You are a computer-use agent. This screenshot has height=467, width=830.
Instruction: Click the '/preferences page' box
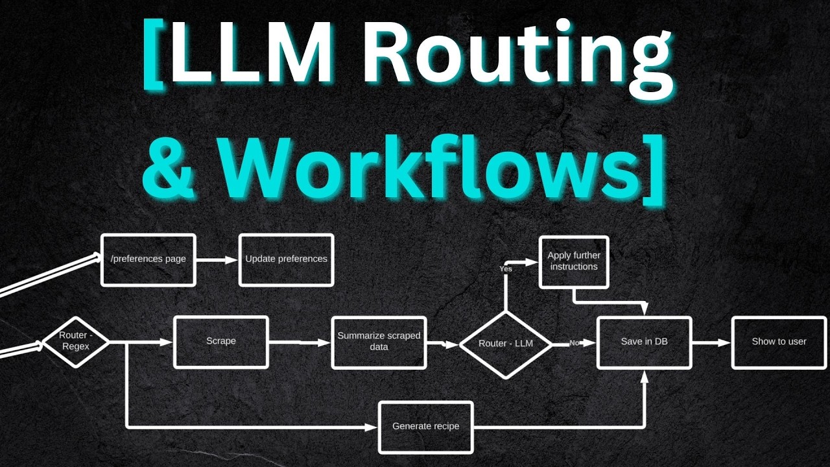[148, 259]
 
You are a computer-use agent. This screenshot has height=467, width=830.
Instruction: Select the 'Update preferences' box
[286, 259]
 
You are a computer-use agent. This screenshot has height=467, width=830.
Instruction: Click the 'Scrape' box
[221, 341]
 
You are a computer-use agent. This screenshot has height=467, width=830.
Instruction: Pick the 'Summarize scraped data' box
[379, 342]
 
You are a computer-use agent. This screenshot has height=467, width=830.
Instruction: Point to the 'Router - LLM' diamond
[506, 344]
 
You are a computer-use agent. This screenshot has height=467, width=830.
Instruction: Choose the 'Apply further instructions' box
[574, 261]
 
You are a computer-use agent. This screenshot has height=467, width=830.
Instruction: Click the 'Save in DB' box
[644, 342]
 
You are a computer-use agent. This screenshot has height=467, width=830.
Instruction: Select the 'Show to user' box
[779, 342]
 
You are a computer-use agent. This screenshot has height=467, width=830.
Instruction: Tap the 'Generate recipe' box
[425, 427]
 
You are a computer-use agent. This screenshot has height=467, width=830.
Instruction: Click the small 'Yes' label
[506, 269]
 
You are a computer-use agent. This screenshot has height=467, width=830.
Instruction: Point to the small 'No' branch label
[574, 342]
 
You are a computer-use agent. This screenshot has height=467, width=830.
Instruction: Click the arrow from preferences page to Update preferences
[217, 260]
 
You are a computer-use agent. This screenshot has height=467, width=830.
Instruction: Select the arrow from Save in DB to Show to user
[711, 342]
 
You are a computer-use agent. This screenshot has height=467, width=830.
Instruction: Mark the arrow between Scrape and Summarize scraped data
[300, 342]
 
